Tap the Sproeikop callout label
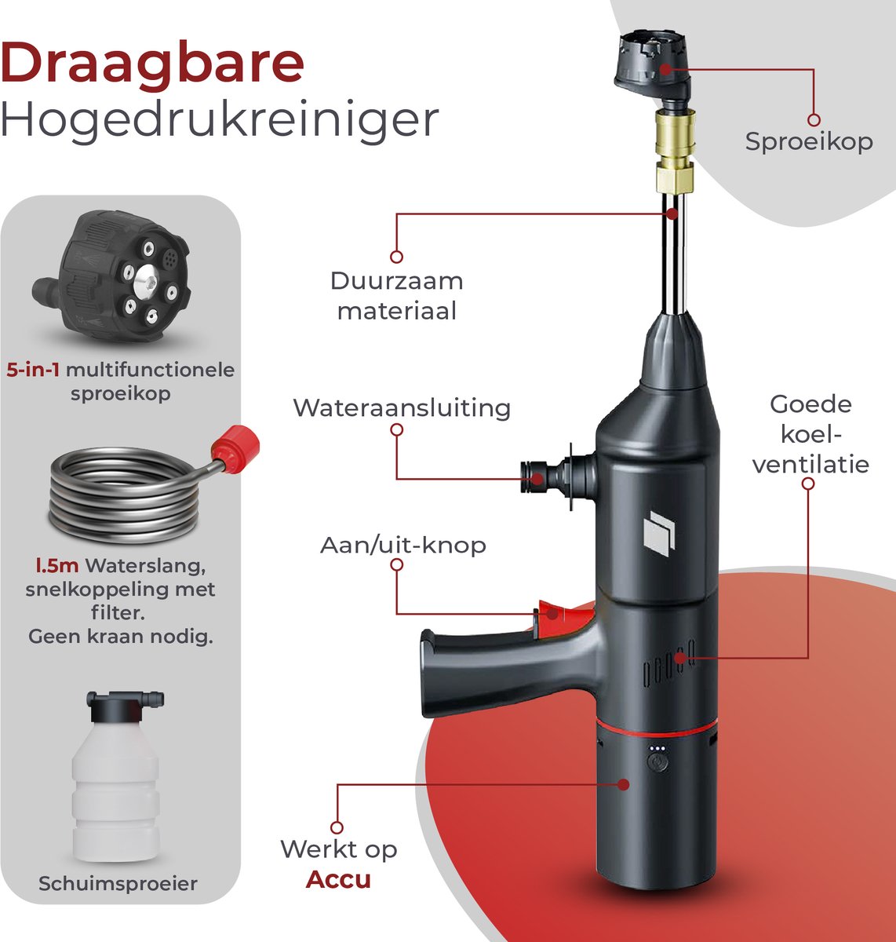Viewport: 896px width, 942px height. (x=809, y=142)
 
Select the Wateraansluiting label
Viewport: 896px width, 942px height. (x=402, y=409)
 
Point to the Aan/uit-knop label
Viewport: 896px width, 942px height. (x=402, y=546)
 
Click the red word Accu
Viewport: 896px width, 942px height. (x=338, y=879)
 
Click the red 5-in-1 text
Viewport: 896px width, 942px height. (x=33, y=370)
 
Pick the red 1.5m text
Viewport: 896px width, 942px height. (x=57, y=566)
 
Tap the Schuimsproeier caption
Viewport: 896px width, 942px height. (x=118, y=884)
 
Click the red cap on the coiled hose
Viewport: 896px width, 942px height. (x=235, y=449)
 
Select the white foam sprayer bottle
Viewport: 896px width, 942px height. (x=116, y=776)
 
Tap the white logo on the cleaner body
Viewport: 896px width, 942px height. (x=659, y=534)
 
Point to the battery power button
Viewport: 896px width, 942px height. (x=657, y=761)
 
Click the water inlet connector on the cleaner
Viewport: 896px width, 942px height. (x=559, y=477)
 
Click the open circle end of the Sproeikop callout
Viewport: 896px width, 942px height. (x=814, y=120)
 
